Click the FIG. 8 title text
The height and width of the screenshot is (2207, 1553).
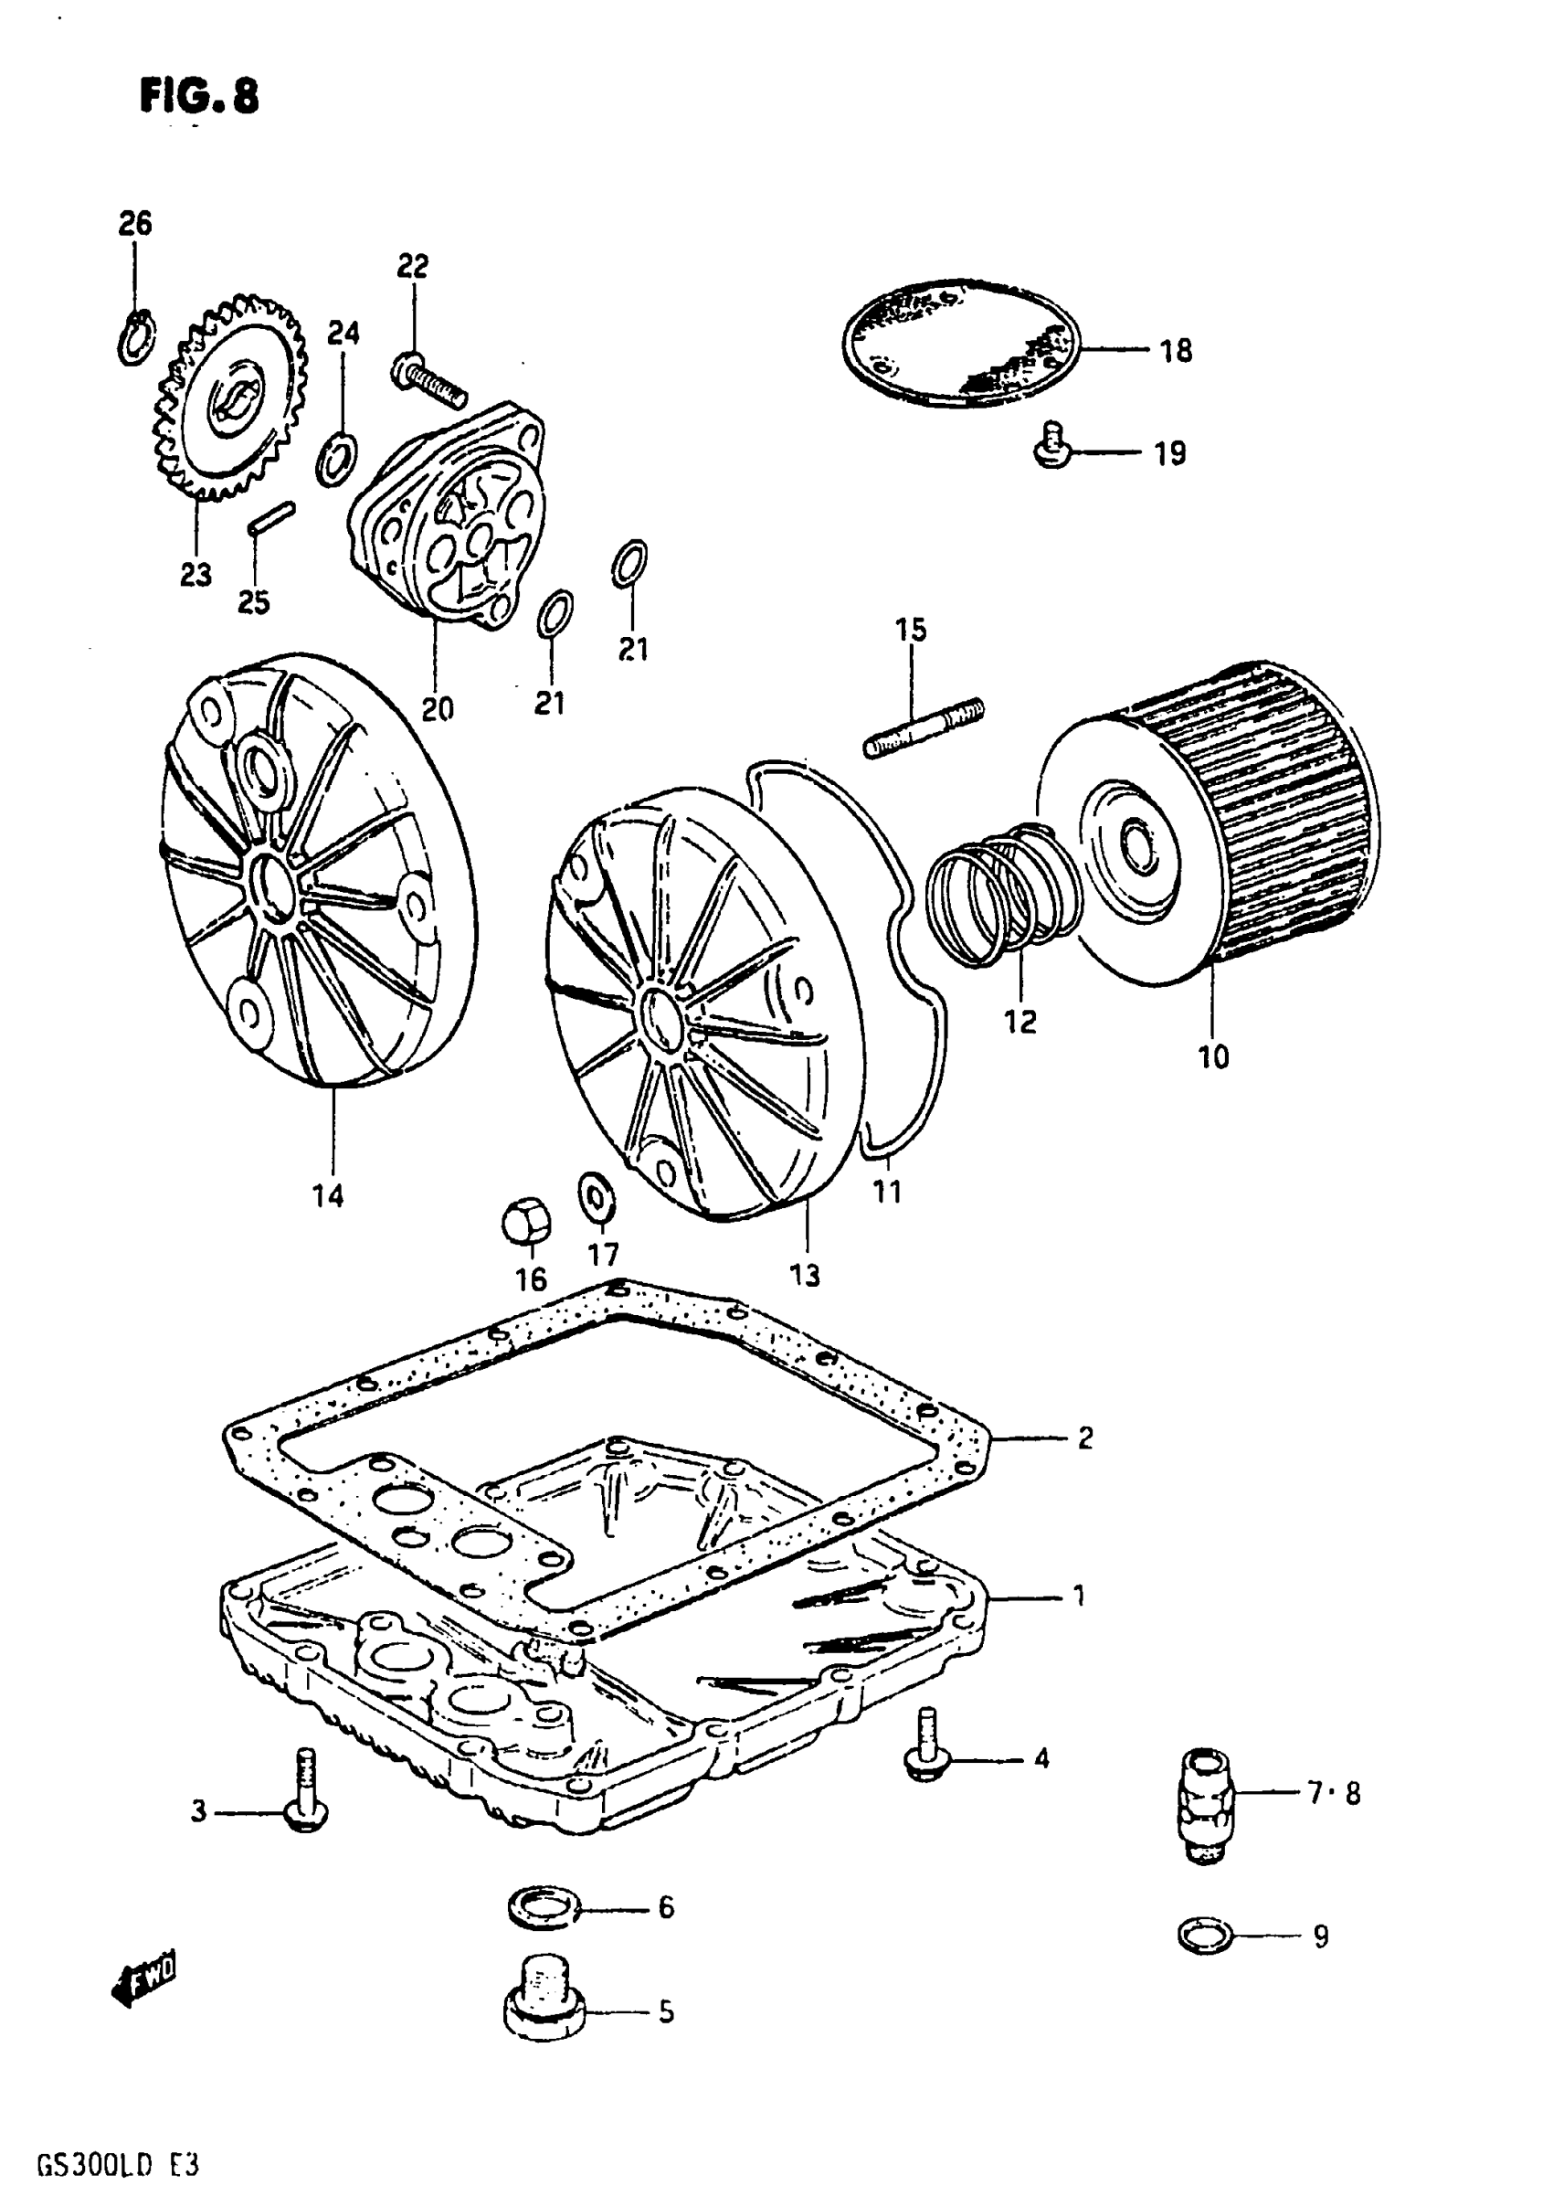point(199,96)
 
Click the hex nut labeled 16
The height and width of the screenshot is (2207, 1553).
point(526,1221)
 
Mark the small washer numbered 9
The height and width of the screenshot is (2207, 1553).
point(1204,1935)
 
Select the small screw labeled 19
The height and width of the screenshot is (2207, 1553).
point(1052,446)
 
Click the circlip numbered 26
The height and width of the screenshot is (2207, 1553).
point(135,339)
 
